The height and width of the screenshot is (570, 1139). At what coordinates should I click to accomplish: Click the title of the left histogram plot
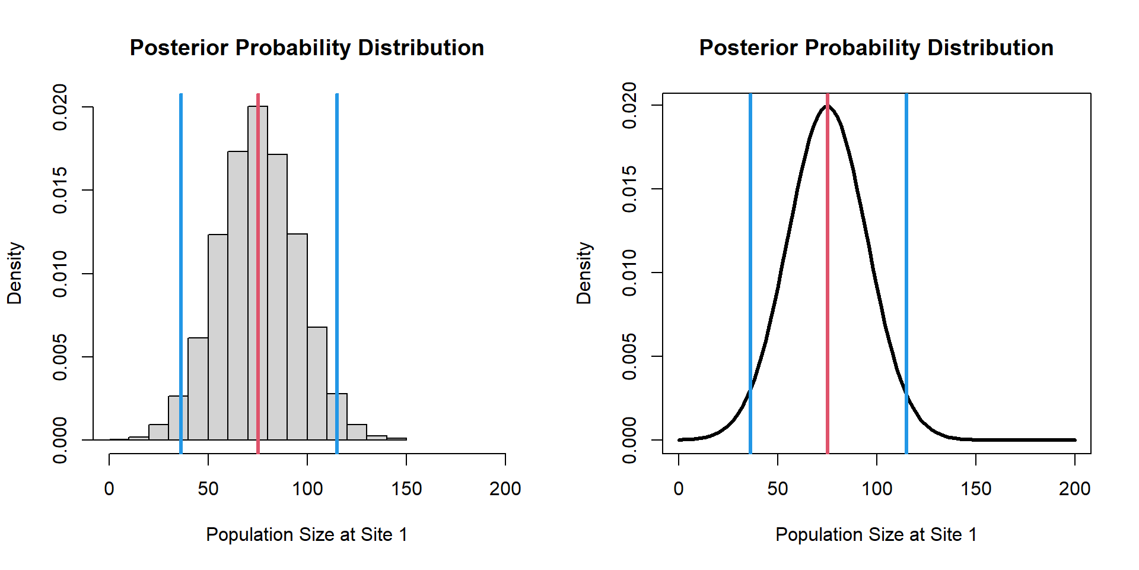pyautogui.click(x=307, y=48)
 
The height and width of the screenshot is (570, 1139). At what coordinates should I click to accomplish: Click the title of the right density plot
pyautogui.click(x=876, y=48)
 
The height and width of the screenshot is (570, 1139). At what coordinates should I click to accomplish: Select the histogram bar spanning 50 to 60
pyautogui.click(x=218, y=338)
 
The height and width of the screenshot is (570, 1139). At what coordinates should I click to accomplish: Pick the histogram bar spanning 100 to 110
pyautogui.click(x=317, y=386)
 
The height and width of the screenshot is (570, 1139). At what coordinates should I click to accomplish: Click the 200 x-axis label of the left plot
pyautogui.click(x=505, y=489)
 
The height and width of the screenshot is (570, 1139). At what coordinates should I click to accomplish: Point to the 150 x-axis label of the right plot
pyautogui.click(x=976, y=489)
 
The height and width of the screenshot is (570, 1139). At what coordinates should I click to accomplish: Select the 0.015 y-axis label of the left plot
pyautogui.click(x=61, y=190)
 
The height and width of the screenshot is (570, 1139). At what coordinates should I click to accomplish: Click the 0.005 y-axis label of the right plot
pyautogui.click(x=630, y=356)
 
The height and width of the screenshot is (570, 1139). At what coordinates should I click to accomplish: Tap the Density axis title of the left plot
pyautogui.click(x=15, y=273)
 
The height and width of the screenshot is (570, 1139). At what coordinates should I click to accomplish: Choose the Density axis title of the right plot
pyautogui.click(x=584, y=273)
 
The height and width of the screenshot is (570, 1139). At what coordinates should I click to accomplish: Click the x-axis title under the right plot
pyautogui.click(x=876, y=534)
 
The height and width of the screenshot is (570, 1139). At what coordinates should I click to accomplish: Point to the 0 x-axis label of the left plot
pyautogui.click(x=109, y=489)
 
